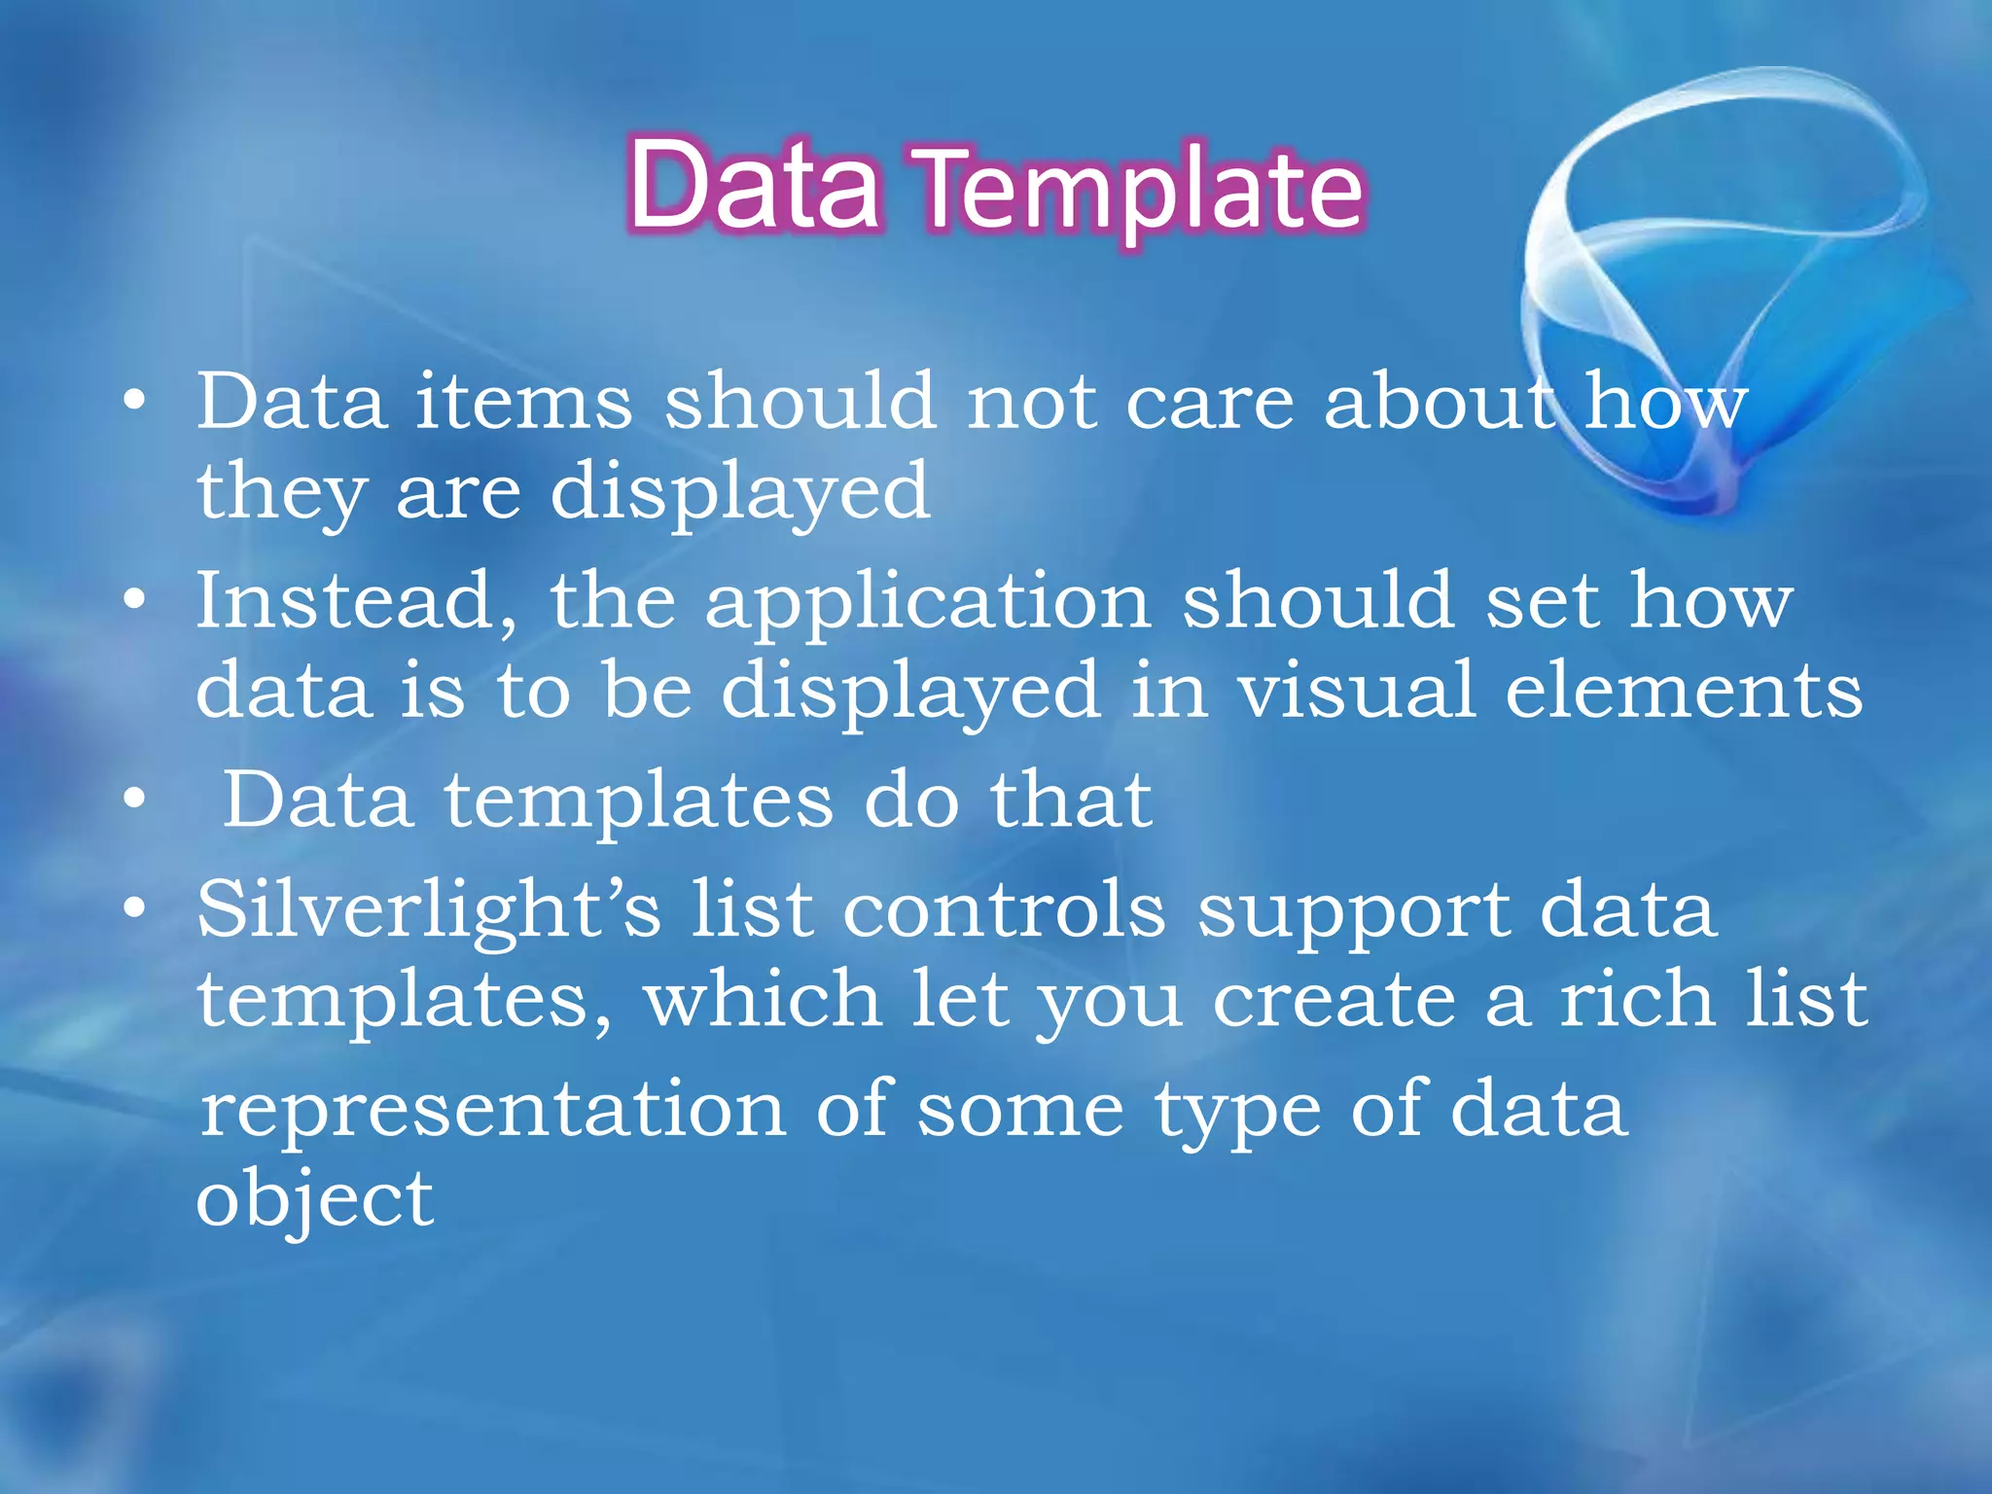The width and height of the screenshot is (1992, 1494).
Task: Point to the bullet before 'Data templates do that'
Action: pyautogui.click(x=135, y=799)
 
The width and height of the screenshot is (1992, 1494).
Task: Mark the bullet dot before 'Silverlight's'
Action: pyautogui.click(x=135, y=908)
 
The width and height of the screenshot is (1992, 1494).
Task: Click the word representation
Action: pyautogui.click(x=492, y=1111)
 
